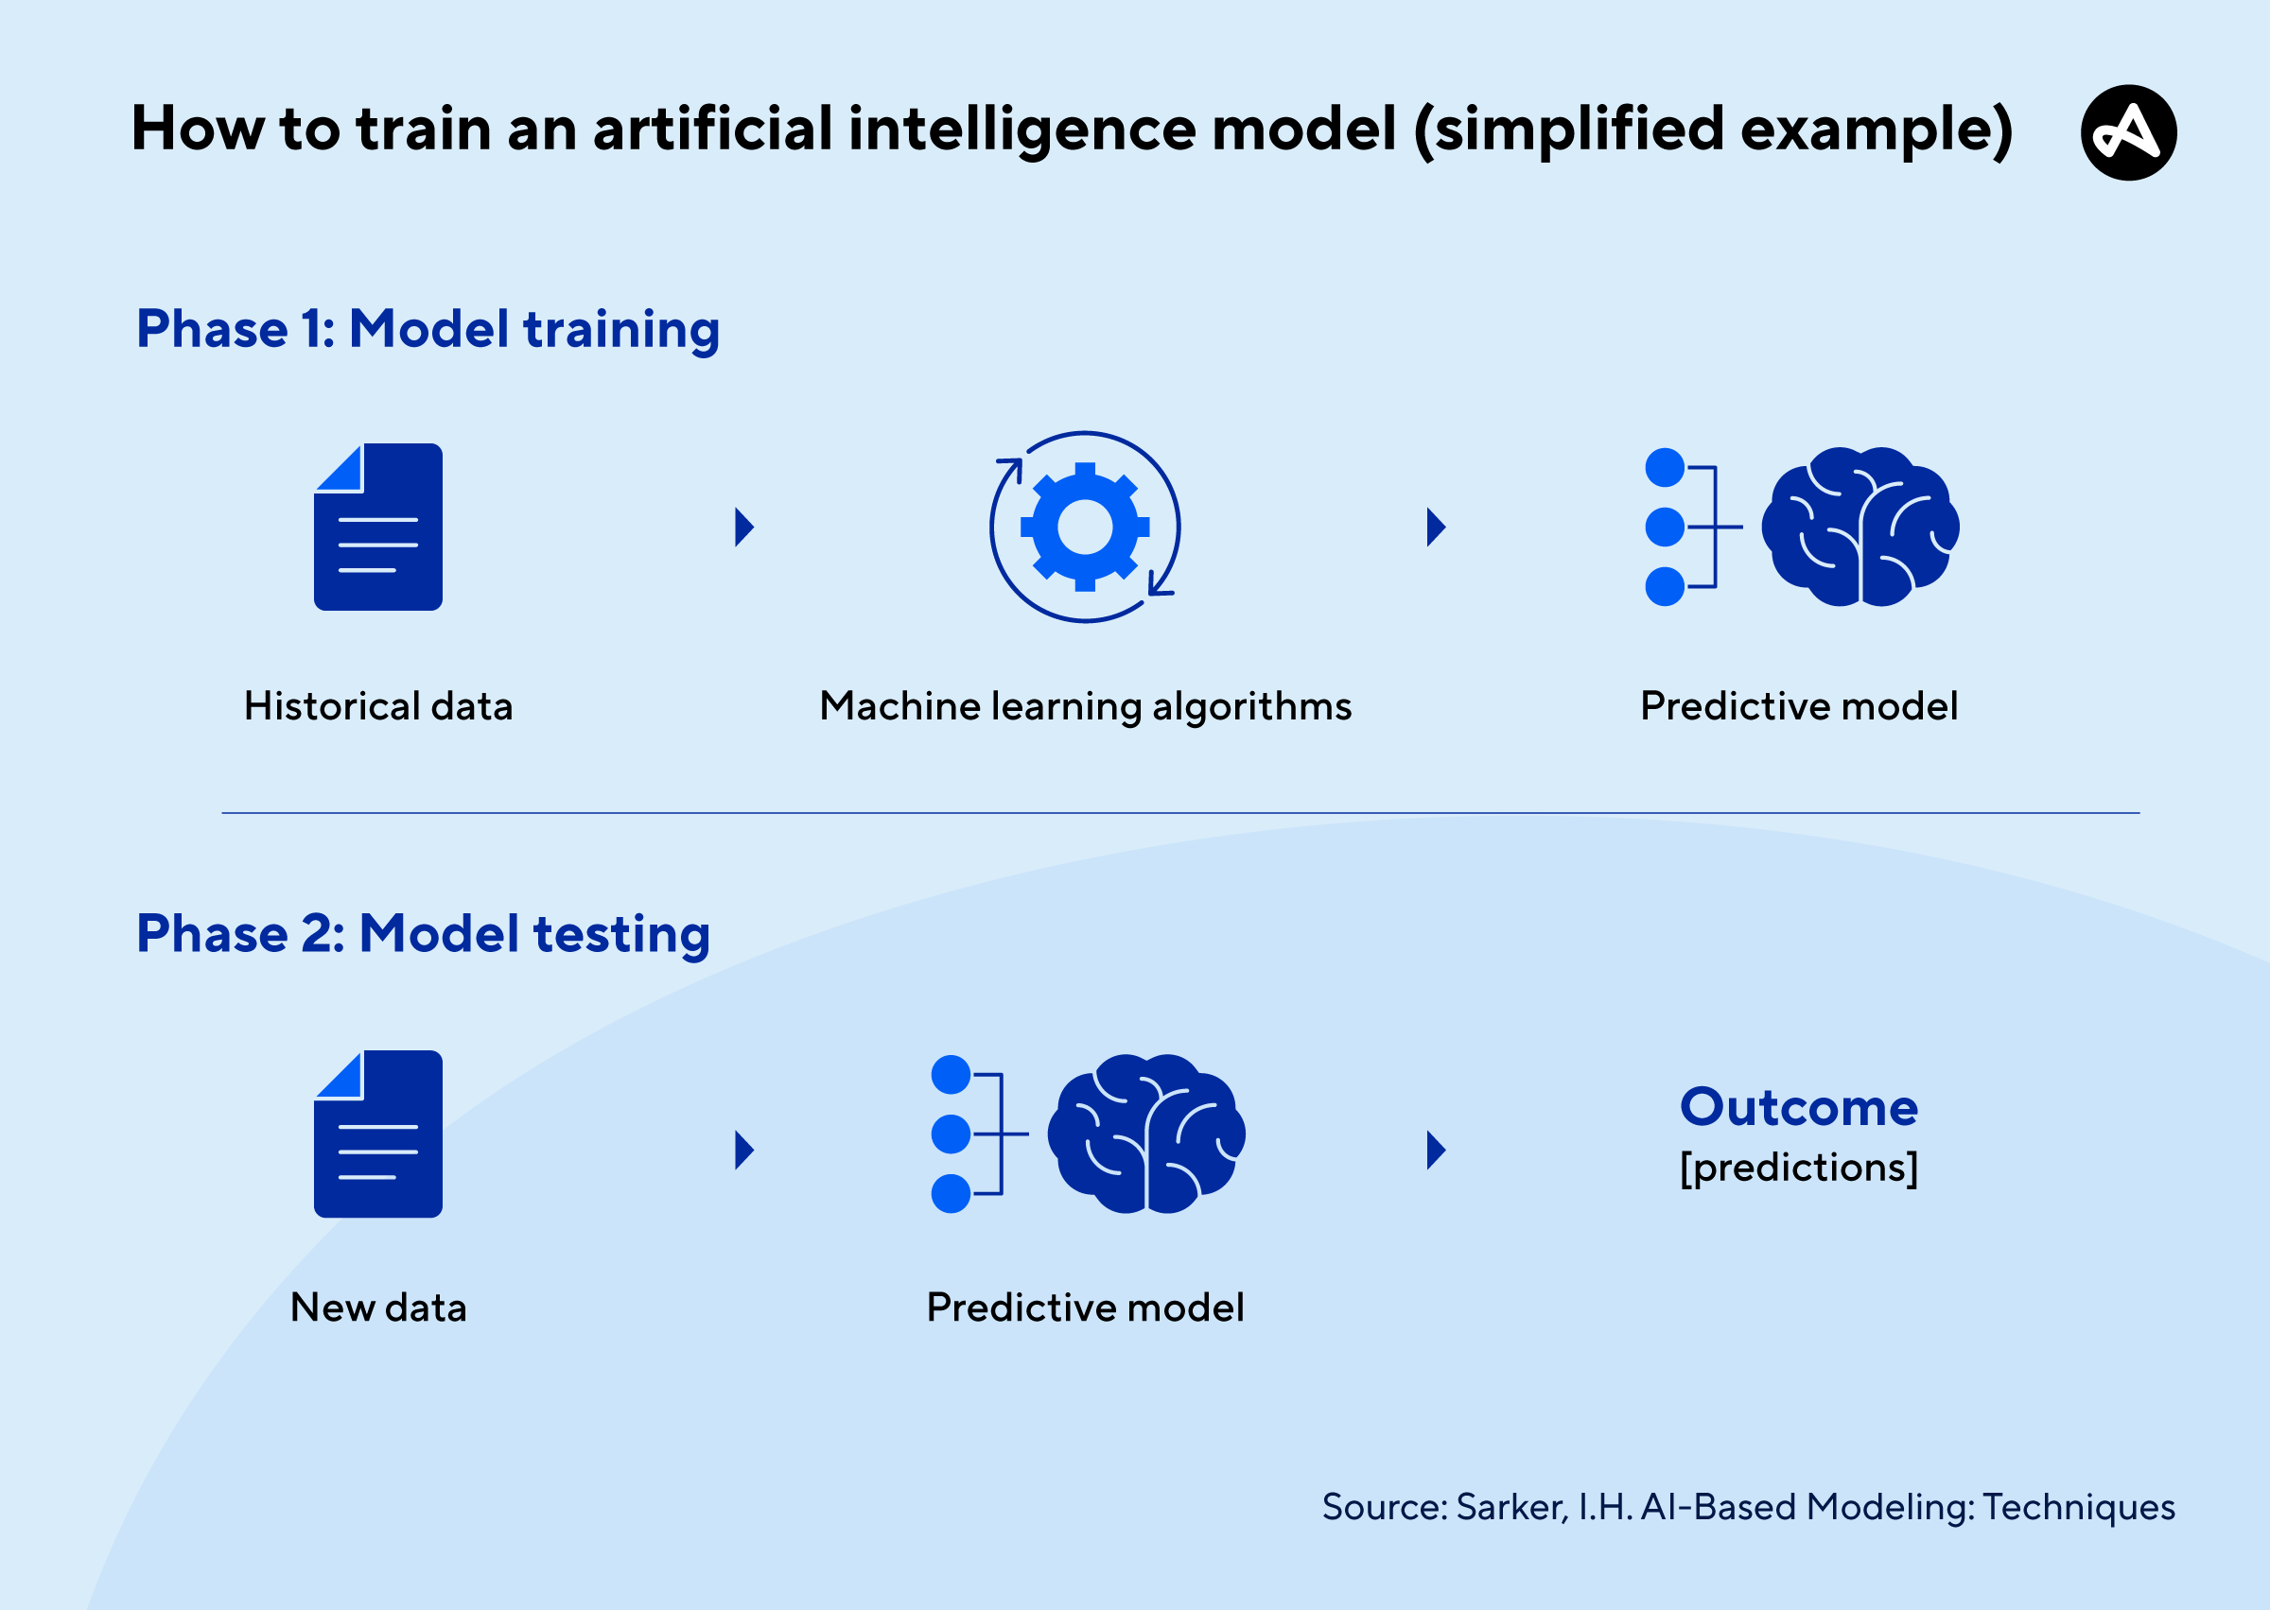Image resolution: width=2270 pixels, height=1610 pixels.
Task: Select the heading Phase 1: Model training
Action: tap(428, 330)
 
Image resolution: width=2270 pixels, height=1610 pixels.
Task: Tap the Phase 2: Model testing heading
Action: tap(424, 935)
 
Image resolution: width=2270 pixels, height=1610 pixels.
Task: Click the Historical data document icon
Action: tap(377, 527)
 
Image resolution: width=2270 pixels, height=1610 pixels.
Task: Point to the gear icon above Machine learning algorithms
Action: tap(1085, 528)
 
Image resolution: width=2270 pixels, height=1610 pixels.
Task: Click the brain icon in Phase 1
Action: tap(1860, 527)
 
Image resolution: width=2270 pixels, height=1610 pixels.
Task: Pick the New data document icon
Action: tap(377, 1134)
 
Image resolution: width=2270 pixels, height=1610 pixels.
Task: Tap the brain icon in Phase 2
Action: tap(1146, 1134)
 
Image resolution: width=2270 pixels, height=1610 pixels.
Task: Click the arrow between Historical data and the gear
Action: tap(743, 528)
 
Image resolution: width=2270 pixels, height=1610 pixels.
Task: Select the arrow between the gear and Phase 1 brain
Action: tap(1436, 528)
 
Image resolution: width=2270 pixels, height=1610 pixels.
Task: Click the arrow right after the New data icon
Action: tap(743, 1150)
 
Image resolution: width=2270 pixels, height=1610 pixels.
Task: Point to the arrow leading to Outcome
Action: tap(1436, 1150)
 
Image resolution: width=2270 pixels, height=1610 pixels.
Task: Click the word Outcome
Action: tap(1799, 1107)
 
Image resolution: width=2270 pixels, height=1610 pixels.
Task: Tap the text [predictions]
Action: tap(1799, 1167)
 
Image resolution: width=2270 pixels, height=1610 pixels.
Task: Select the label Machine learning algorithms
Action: tap(1085, 707)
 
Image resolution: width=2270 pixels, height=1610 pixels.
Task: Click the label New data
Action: tap(377, 1307)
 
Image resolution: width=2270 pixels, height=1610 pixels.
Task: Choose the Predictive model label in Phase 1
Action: tap(1799, 707)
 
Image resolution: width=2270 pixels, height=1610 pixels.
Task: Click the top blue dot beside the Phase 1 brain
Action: tap(1665, 467)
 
